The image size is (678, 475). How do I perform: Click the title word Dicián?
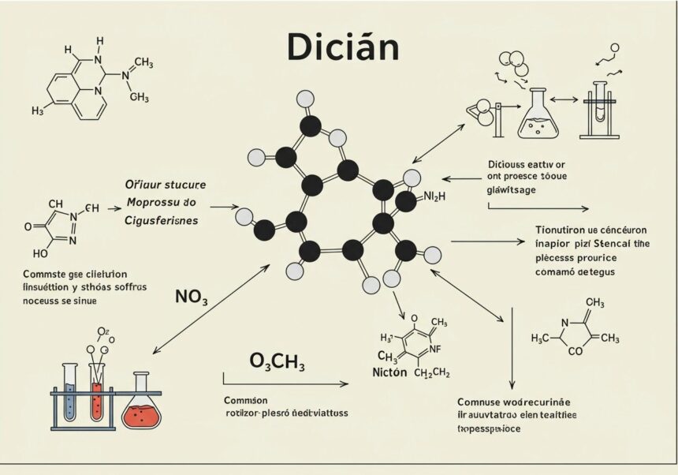click(342, 48)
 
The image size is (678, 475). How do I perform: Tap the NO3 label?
click(191, 297)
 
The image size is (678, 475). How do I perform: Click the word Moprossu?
click(154, 203)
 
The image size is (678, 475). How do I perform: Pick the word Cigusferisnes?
click(162, 220)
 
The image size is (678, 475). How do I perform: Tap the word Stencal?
click(604, 243)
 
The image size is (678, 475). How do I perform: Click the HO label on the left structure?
click(40, 253)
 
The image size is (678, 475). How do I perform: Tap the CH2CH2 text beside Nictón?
click(433, 372)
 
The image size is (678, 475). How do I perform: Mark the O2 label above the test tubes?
click(103, 331)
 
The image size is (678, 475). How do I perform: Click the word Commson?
click(245, 399)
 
